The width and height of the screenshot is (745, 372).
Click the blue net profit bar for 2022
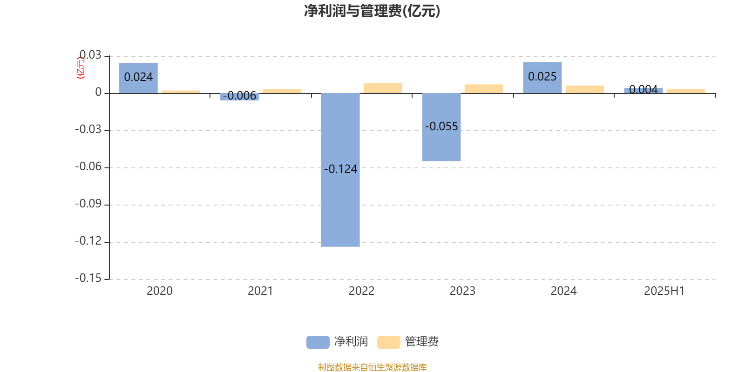tap(340, 170)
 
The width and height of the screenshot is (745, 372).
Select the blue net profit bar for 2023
tap(441, 127)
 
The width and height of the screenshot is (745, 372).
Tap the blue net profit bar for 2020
tap(138, 78)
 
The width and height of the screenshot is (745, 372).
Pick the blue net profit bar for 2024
tap(542, 77)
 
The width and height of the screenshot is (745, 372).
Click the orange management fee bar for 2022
tap(383, 88)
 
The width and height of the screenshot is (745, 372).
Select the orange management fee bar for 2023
tap(484, 89)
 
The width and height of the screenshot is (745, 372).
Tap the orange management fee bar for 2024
tap(585, 89)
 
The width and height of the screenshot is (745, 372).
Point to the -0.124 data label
tap(340, 169)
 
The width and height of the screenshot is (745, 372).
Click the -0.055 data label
tap(442, 126)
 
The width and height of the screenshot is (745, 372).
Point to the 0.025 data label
tap(542, 76)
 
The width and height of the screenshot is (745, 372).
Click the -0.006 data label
tap(239, 96)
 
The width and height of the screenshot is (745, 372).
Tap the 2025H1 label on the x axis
tap(664, 291)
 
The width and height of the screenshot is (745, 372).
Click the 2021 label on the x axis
tap(260, 291)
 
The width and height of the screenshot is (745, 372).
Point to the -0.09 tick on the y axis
tap(88, 204)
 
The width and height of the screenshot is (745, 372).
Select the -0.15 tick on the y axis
tap(88, 278)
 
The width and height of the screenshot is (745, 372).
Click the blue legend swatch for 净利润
tap(318, 342)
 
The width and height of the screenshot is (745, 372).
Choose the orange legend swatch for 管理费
tap(389, 342)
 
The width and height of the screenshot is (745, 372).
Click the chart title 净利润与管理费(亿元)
tap(372, 11)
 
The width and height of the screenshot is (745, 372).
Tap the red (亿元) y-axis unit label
tap(81, 68)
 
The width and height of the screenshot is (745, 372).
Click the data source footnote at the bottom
tap(372, 367)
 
